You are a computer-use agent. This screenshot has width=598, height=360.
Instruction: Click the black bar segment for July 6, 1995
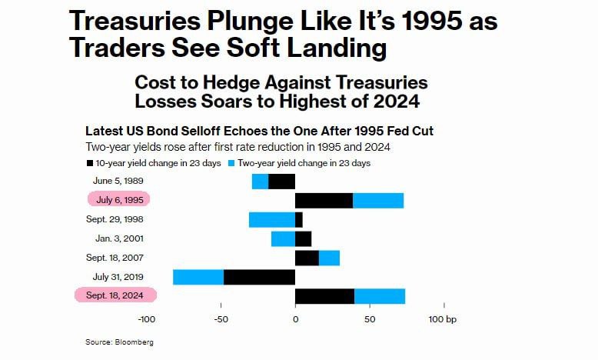click(x=324, y=200)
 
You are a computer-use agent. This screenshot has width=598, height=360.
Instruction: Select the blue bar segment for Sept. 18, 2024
click(x=380, y=296)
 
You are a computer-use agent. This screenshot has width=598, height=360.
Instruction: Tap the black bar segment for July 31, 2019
click(x=259, y=277)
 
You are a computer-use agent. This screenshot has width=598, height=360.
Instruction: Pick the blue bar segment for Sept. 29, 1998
click(x=271, y=219)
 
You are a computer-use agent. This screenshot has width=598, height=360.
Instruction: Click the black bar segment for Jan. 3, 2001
click(x=303, y=238)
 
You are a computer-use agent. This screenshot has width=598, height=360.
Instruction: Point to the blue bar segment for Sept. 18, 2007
click(x=329, y=258)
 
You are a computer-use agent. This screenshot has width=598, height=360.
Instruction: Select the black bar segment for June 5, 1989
click(x=281, y=182)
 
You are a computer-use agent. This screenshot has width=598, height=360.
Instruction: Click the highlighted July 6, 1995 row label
click(x=119, y=199)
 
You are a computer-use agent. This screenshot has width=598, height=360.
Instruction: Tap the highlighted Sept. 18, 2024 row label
click(x=115, y=295)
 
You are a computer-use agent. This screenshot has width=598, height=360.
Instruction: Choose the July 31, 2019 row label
click(x=117, y=276)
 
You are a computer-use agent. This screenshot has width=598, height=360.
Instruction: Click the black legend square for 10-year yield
click(x=90, y=163)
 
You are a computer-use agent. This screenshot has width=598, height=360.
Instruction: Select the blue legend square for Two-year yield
click(x=231, y=163)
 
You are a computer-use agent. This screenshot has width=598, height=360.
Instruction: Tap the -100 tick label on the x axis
click(x=146, y=318)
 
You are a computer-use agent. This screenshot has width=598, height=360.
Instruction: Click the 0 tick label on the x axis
click(x=295, y=318)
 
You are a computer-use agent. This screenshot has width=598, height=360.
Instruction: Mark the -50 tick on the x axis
click(x=221, y=318)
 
